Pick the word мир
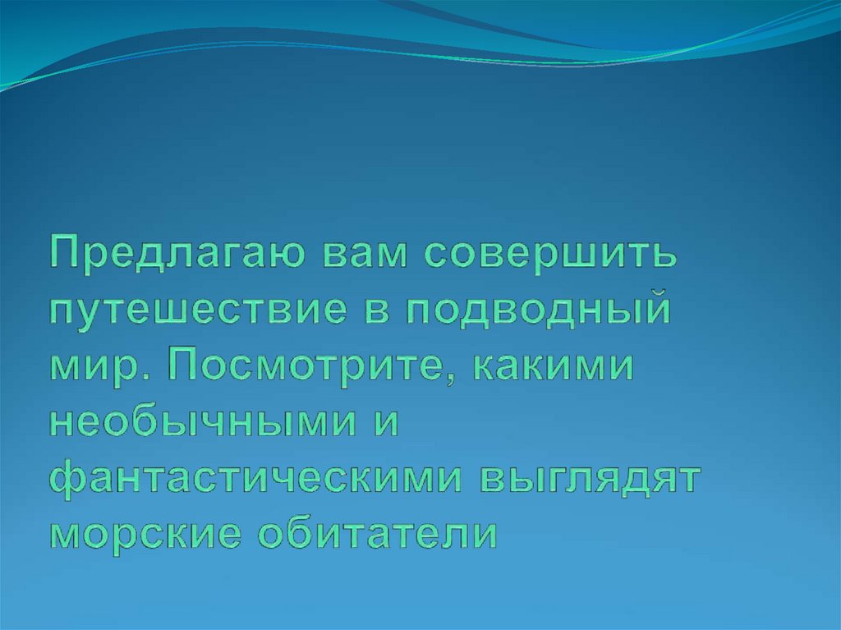coord(89,367)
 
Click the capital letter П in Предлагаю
coord(67,254)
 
